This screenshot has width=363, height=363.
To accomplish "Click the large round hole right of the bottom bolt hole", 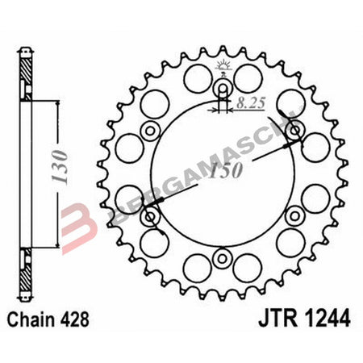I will click(249, 267).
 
